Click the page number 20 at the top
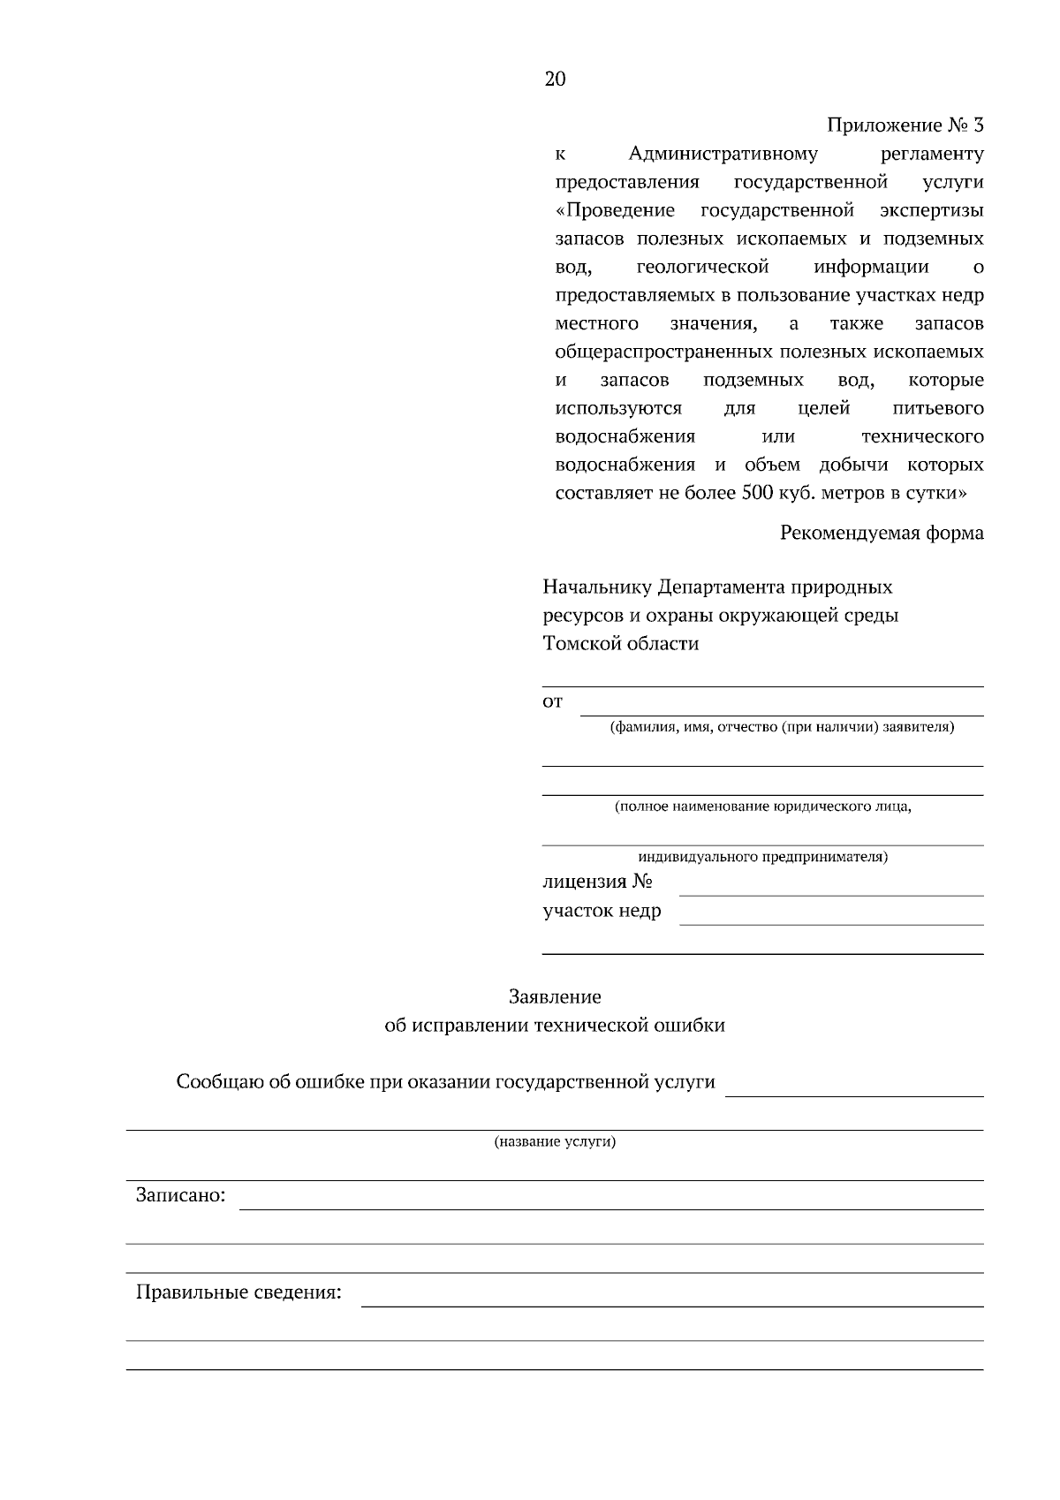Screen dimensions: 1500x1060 click(555, 80)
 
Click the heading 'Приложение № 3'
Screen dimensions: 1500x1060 click(905, 125)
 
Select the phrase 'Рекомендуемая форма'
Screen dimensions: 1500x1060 click(882, 533)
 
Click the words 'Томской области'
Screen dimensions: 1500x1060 click(620, 644)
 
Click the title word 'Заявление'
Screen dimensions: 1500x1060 click(555, 997)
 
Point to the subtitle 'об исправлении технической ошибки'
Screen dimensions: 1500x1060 click(555, 1026)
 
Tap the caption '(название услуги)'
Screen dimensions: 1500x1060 click(555, 1141)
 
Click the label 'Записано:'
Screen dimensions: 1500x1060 click(180, 1196)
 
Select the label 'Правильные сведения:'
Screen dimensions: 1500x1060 click(238, 1293)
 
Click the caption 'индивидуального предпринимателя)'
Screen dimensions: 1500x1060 click(762, 857)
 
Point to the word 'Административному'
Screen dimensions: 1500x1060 click(723, 155)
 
